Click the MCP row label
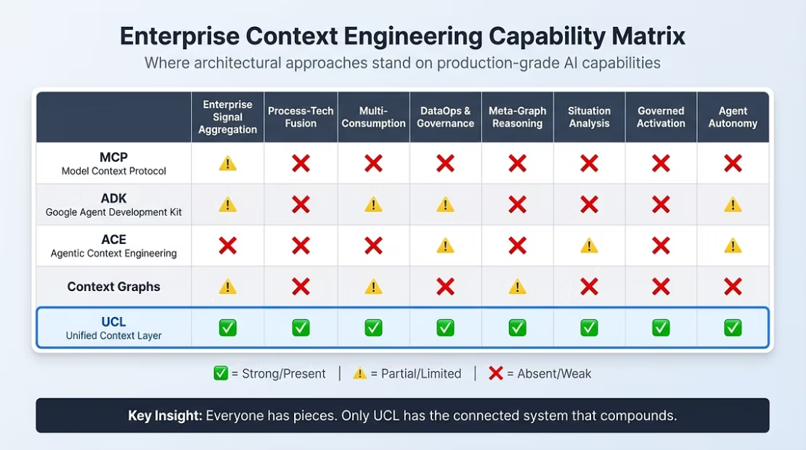113,157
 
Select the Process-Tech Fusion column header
301,117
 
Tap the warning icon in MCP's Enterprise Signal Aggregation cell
228,163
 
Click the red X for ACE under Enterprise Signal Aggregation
228,246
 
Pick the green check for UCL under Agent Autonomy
733,328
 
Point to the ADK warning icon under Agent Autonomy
733,204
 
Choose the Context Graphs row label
113,287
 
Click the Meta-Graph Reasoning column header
518,117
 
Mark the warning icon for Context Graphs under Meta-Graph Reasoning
518,287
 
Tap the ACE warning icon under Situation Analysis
589,246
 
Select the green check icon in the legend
220,373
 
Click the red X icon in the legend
496,373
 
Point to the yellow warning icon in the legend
360,373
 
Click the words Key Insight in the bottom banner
164,416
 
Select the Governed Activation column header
661,117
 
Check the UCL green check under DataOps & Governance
445,328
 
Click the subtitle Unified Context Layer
113,336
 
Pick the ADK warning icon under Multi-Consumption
373,204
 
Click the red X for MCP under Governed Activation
661,163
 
